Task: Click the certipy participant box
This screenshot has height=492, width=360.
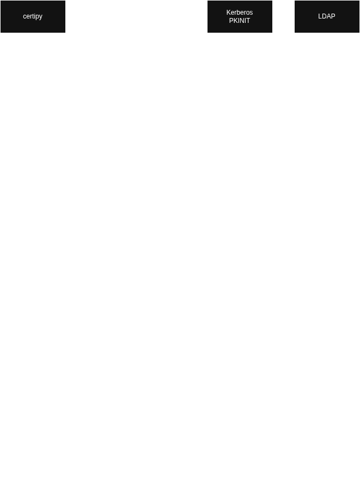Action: [x=33, y=16]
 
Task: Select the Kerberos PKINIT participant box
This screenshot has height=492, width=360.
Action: [x=240, y=16]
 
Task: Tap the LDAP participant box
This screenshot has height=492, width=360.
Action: [x=327, y=16]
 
